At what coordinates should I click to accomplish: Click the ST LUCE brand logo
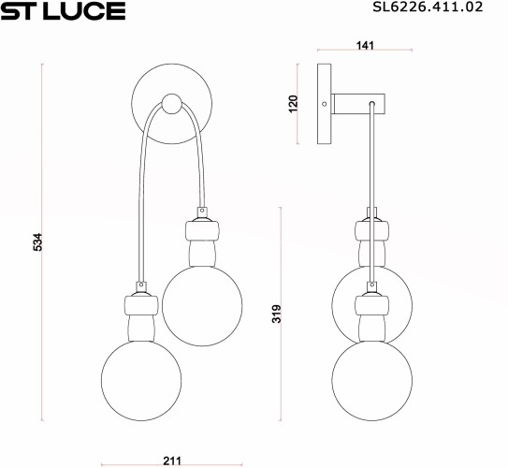(x=63, y=12)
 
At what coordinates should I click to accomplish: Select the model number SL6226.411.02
(x=427, y=10)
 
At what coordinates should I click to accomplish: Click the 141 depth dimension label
(x=366, y=43)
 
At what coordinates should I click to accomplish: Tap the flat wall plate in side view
(x=325, y=103)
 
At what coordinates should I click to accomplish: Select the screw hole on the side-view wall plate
(x=325, y=103)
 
